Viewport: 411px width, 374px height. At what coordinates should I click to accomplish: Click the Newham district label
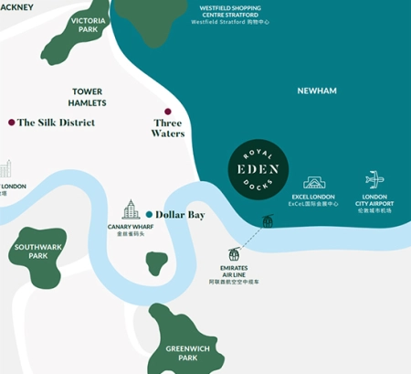tap(317, 91)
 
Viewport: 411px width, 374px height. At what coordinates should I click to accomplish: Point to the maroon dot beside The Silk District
tap(11, 122)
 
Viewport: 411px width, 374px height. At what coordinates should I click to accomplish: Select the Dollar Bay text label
tap(180, 215)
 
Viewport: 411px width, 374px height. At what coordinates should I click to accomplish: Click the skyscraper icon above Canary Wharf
tap(131, 209)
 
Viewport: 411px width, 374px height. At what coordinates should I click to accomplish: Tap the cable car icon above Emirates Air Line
tap(236, 254)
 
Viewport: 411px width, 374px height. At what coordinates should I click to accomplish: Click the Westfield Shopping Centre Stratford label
tap(237, 14)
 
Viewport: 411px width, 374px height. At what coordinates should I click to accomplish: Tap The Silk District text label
tap(57, 123)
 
